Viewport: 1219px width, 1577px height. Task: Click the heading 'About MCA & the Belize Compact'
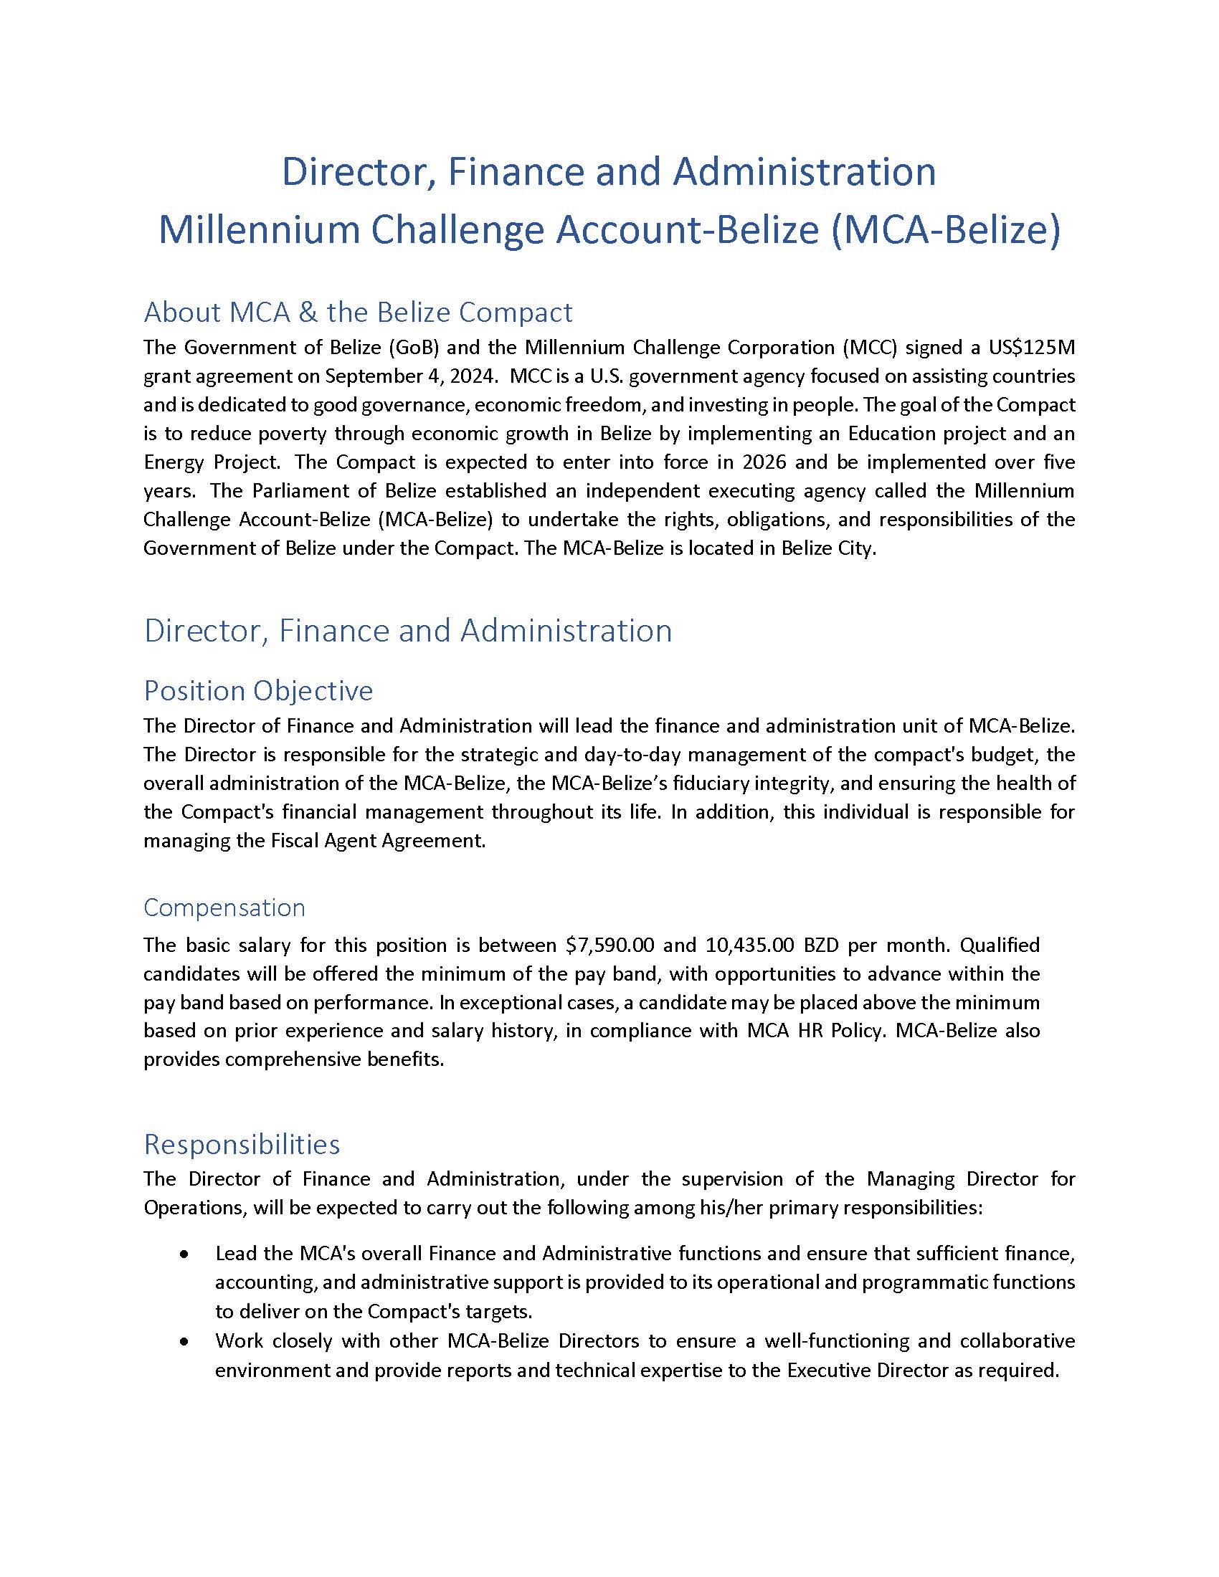358,313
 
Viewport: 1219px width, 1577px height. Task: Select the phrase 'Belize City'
827,548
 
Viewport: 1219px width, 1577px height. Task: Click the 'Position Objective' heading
258,691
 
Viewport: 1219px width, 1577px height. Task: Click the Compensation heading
224,907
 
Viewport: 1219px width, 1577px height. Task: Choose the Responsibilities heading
242,1145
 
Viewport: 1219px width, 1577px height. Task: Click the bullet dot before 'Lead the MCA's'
185,1255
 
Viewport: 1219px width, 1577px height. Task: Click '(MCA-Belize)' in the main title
945,229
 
